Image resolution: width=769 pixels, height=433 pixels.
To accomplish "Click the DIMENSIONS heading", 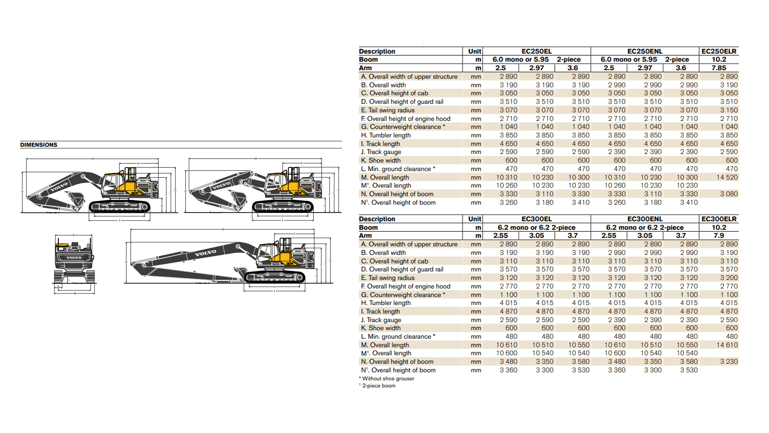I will [x=39, y=145].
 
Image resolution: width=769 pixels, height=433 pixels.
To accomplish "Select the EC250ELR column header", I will [x=719, y=51].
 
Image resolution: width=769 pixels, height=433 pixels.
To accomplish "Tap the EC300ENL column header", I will [x=644, y=219].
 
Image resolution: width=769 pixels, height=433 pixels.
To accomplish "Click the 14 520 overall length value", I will [x=727, y=177].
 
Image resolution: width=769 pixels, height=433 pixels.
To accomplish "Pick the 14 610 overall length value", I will [x=727, y=345].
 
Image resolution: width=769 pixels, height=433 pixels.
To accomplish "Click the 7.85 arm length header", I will [x=719, y=68].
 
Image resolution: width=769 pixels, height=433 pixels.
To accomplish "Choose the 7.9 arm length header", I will [x=719, y=235].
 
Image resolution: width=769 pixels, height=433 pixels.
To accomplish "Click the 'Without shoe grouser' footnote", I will [x=388, y=378].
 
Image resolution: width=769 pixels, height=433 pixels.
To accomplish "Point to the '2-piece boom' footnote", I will [x=378, y=386].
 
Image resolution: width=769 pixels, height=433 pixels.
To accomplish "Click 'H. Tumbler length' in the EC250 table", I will [x=386, y=136].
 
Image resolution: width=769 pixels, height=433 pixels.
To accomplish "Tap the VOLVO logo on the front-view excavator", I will [x=74, y=257].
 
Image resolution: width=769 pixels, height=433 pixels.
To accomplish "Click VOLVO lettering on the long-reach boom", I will [x=205, y=253].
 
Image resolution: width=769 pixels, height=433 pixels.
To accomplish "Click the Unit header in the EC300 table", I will [x=475, y=219].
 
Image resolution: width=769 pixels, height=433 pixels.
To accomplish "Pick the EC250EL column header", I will [x=536, y=51].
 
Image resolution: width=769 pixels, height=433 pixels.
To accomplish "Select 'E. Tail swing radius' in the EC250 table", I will [x=388, y=110].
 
